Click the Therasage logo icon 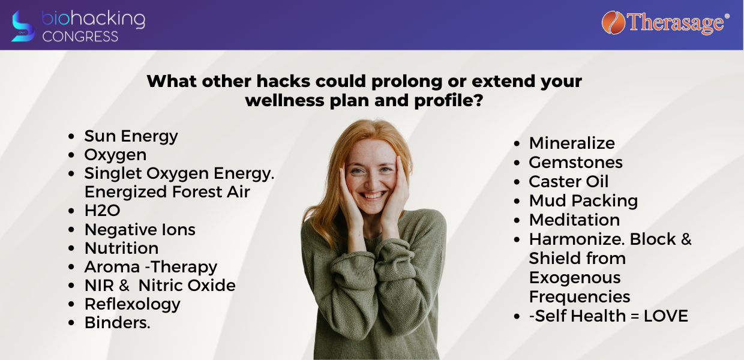(613, 23)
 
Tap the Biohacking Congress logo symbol (23, 26)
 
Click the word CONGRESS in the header (80, 36)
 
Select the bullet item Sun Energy (131, 136)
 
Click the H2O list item (102, 211)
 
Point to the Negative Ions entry (140, 229)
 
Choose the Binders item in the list (117, 323)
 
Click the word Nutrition (122, 248)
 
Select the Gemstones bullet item (575, 163)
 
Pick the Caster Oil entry (569, 182)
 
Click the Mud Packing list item (583, 201)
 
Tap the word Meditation (574, 220)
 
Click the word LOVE (665, 316)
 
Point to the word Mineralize (572, 143)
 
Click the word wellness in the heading (284, 100)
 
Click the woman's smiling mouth (372, 195)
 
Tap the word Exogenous (575, 278)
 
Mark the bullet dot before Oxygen (71, 155)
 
